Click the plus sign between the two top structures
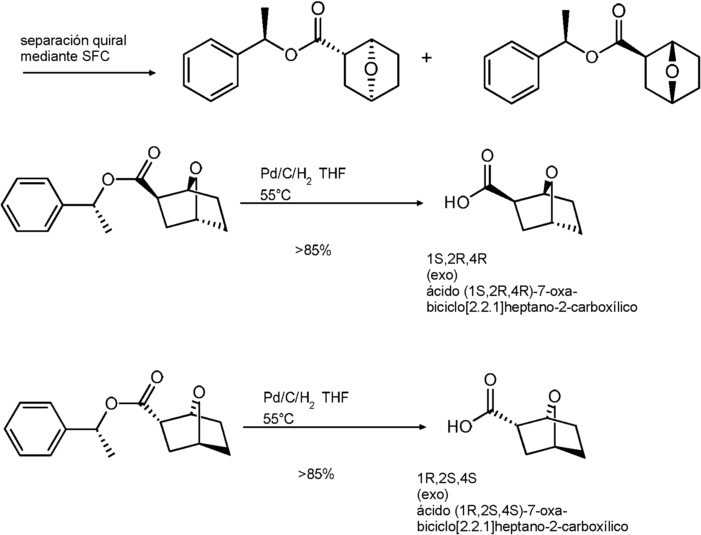pos(427,58)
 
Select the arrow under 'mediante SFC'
pos(89,73)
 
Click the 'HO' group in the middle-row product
pos(457,202)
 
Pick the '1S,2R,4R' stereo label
pos(457,259)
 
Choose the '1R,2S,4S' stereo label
pos(447,479)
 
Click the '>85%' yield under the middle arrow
pos(313,250)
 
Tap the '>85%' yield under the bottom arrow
pos(316,474)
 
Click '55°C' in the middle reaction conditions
pos(275,195)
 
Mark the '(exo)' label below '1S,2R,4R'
pos(442,275)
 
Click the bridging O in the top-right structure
pos(672,72)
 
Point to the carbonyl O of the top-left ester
pos(318,9)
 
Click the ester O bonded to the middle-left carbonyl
pos(108,180)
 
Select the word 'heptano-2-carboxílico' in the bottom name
pos(561,526)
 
